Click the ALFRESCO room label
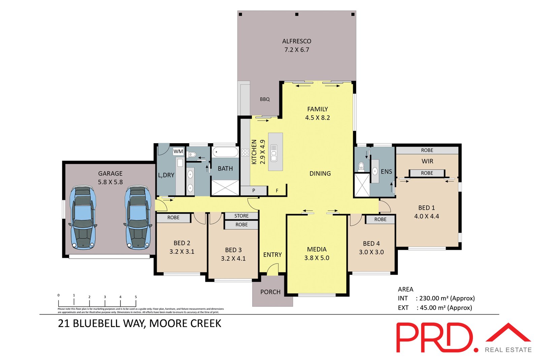tap(296, 41)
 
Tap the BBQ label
tap(265, 99)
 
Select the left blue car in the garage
tap(83, 217)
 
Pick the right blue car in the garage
tap(138, 217)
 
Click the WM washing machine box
tap(178, 152)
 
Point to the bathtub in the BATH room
tap(225, 152)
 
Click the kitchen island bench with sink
tap(275, 152)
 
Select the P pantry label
tap(254, 190)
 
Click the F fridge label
tap(277, 191)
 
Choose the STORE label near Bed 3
tap(241, 216)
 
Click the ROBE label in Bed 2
tap(173, 218)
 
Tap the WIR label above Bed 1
tap(427, 161)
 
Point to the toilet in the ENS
tap(361, 166)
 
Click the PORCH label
tap(270, 292)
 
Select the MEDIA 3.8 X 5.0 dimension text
tap(317, 258)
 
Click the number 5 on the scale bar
tap(136, 297)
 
